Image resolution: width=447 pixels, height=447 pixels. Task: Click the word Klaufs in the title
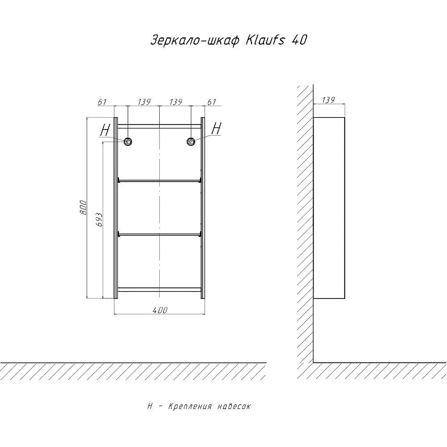pyautogui.click(x=265, y=40)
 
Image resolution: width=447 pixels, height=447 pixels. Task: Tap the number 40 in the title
pyautogui.click(x=299, y=40)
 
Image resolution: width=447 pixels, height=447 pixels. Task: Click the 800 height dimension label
pyautogui.click(x=83, y=207)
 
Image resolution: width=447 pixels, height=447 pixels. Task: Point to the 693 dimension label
pyautogui.click(x=99, y=220)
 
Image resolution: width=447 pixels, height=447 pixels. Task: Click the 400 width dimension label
pyautogui.click(x=160, y=310)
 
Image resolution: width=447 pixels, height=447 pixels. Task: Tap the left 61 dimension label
pyautogui.click(x=102, y=102)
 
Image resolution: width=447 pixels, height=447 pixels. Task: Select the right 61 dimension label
pyautogui.click(x=212, y=102)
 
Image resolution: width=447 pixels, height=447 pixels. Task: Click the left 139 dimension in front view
pyautogui.click(x=144, y=102)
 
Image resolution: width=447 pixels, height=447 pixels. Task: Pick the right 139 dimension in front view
pyautogui.click(x=175, y=102)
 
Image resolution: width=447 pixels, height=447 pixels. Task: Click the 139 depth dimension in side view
pyautogui.click(x=329, y=100)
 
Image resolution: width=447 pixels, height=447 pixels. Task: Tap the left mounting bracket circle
pyautogui.click(x=128, y=141)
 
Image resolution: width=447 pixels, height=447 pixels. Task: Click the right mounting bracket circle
pyautogui.click(x=191, y=141)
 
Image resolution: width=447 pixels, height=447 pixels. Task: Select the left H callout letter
pyautogui.click(x=105, y=131)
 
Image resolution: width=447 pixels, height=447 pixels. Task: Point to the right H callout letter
pyautogui.click(x=216, y=129)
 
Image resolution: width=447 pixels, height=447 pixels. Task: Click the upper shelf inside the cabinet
pyautogui.click(x=160, y=180)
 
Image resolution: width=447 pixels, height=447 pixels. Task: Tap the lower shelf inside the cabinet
pyautogui.click(x=160, y=234)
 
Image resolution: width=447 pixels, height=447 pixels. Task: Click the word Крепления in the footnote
pyautogui.click(x=190, y=406)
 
